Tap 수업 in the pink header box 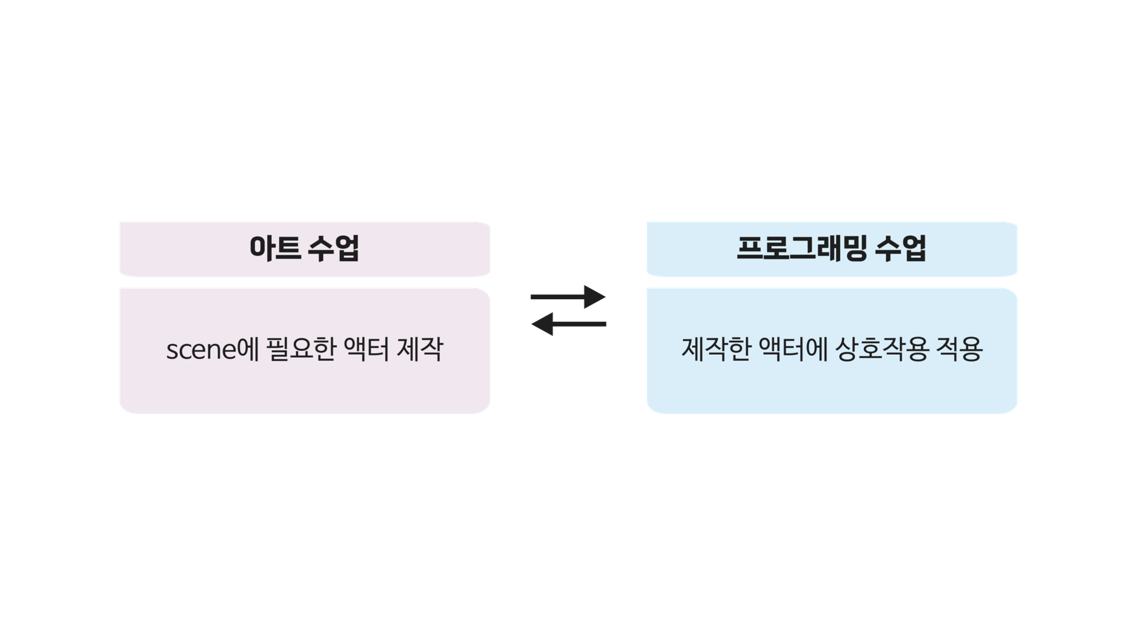[333, 248]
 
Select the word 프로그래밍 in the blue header [802, 248]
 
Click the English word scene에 [213, 349]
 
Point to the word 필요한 [301, 349]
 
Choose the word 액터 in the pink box [366, 349]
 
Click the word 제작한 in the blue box [716, 349]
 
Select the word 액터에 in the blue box [793, 349]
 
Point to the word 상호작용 [881, 349]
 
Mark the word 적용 [959, 349]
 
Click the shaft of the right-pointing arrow [558, 296]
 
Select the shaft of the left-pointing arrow [579, 324]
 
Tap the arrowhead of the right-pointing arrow [595, 296]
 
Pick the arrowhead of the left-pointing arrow [542, 324]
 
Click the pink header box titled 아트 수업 [305, 249]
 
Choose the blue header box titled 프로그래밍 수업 [832, 249]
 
